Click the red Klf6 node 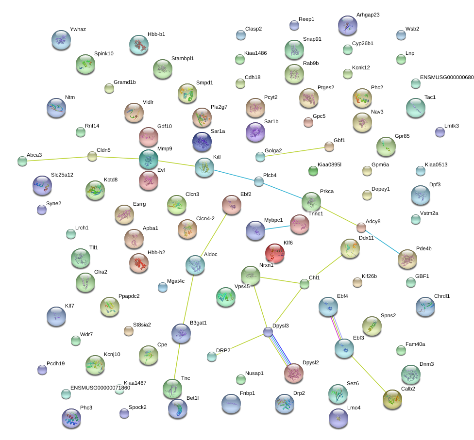click(x=275, y=253)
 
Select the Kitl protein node click(x=204, y=167)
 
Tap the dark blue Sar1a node click(x=202, y=142)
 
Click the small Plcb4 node click(x=259, y=181)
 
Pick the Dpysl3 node click(x=268, y=332)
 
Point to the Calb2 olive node click(x=392, y=399)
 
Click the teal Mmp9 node click(x=149, y=159)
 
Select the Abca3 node click(x=22, y=161)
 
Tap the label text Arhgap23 click(x=368, y=15)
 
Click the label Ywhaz click(x=78, y=29)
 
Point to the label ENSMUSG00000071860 click(x=100, y=388)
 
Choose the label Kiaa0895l click(x=329, y=164)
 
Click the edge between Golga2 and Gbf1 click(x=295, y=152)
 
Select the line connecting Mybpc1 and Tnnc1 click(x=277, y=228)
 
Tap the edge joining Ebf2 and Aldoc click(x=213, y=235)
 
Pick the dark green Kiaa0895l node click(x=313, y=171)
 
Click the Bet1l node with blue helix click(x=178, y=409)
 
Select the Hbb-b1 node click(x=139, y=45)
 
